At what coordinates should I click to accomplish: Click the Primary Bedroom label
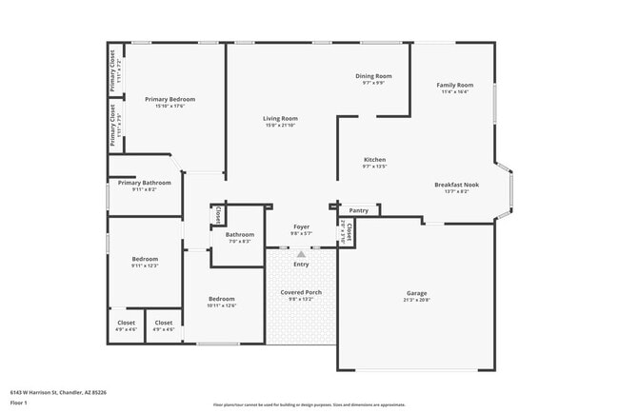click(x=170, y=99)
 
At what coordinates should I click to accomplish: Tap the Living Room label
click(x=280, y=119)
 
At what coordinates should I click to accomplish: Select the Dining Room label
click(x=373, y=76)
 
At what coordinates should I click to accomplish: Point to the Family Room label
click(x=455, y=86)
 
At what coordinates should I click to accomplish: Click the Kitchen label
click(x=374, y=159)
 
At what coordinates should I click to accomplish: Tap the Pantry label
click(x=358, y=210)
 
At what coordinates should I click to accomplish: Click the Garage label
click(x=417, y=293)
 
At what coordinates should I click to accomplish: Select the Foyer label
click(x=301, y=226)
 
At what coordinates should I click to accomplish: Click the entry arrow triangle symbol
click(x=301, y=254)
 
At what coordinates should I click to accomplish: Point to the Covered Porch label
click(x=300, y=292)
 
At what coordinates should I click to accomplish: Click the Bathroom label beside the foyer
click(x=239, y=234)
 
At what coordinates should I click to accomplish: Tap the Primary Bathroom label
click(x=145, y=183)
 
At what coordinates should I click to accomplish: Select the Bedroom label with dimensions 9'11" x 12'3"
click(x=145, y=259)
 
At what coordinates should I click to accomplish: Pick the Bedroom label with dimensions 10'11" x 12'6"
click(x=222, y=299)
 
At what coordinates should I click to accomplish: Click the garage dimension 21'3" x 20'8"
click(x=417, y=300)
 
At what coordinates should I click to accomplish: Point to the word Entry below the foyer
click(x=301, y=264)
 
